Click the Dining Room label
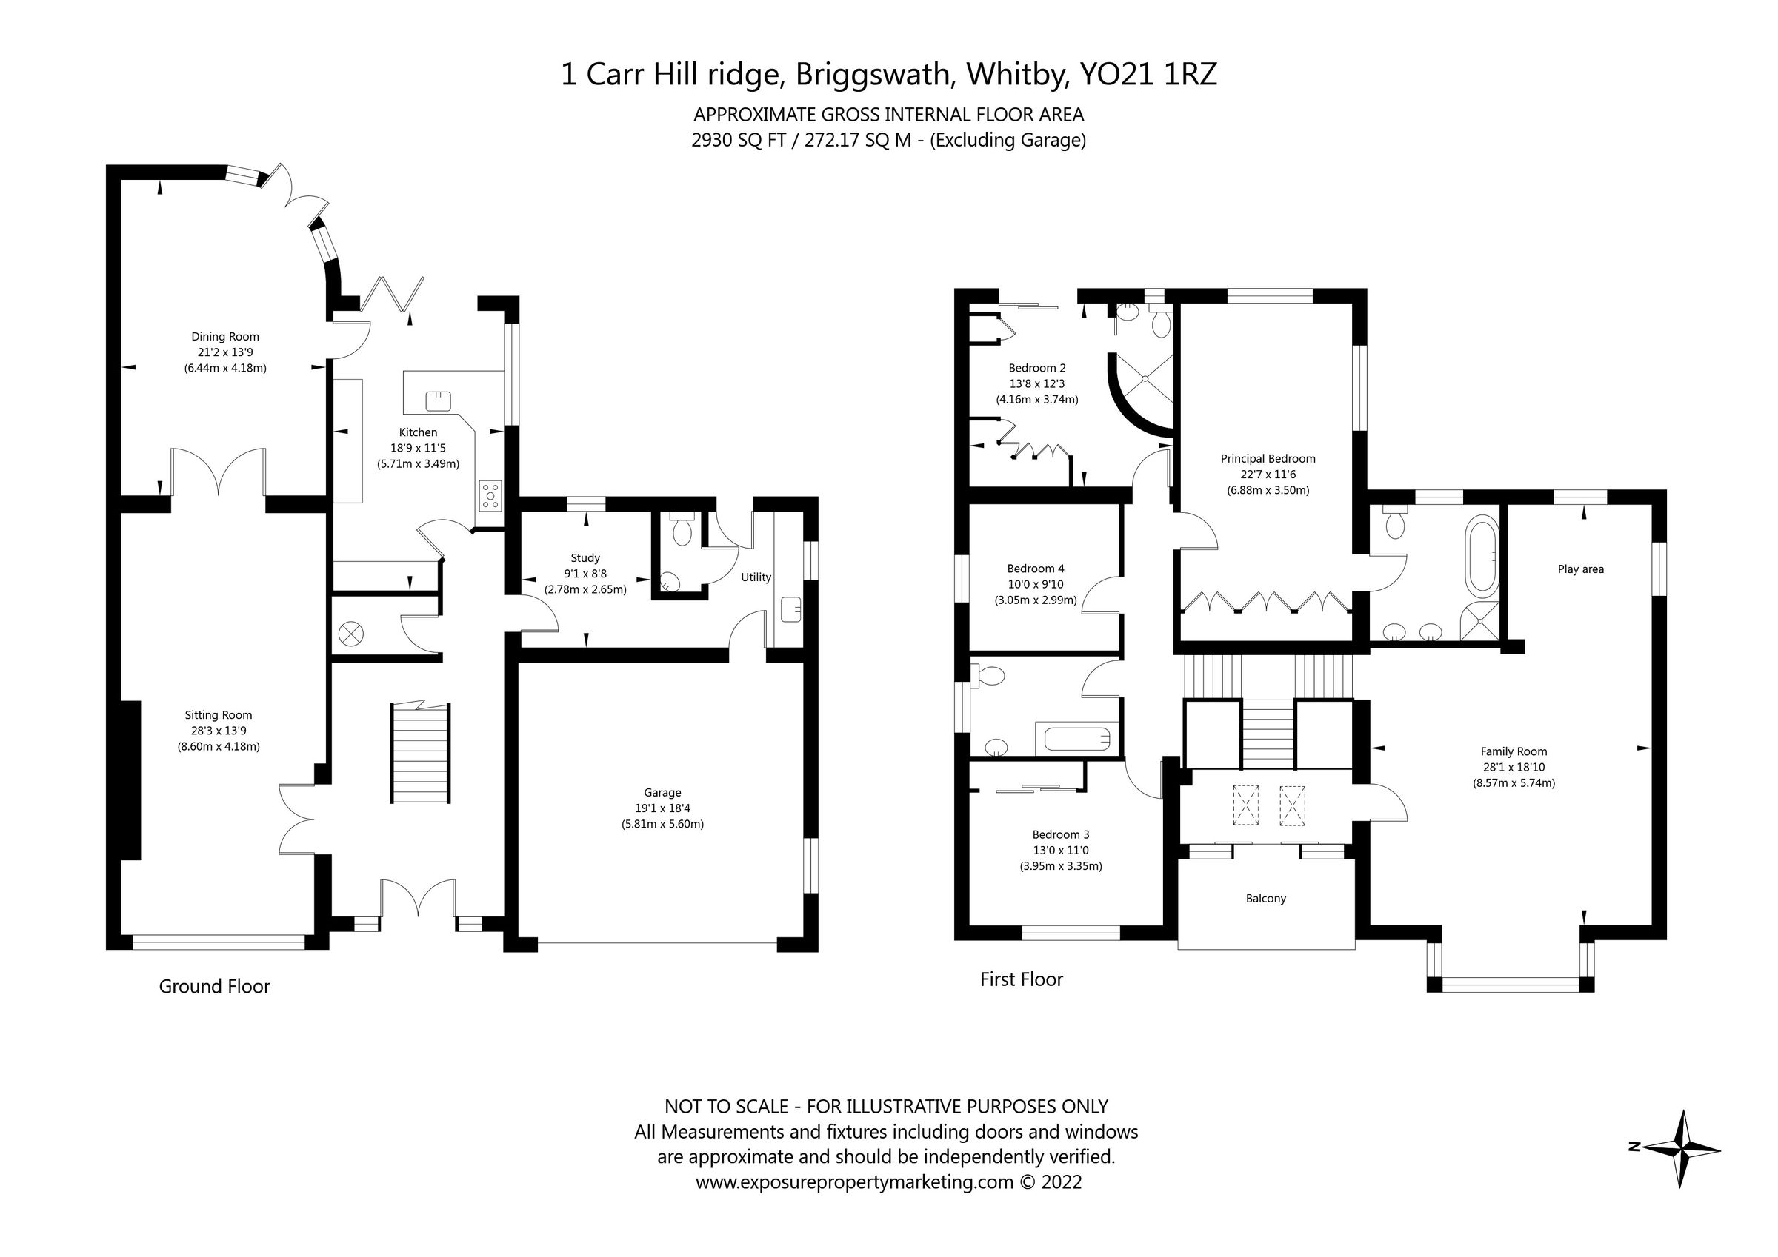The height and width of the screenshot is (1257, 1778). point(224,337)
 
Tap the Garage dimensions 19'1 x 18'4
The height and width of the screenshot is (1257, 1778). point(662,808)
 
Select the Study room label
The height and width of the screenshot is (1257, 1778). point(585,557)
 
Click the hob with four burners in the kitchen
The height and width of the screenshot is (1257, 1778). point(490,495)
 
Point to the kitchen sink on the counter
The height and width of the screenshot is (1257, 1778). point(438,401)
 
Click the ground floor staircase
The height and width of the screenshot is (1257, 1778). point(421,753)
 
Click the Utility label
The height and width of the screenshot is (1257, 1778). point(756,577)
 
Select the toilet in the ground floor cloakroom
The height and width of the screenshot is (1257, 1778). point(682,530)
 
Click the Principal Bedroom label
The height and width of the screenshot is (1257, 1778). point(1268,458)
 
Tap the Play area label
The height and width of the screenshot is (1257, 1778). point(1580,569)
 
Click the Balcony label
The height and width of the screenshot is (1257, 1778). point(1265,899)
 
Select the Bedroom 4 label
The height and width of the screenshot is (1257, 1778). point(1036,568)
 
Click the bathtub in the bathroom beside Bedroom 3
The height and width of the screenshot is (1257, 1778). point(1076,737)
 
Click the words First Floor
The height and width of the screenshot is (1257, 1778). point(1021,979)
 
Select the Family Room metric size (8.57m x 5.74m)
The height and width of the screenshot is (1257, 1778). point(1514,782)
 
